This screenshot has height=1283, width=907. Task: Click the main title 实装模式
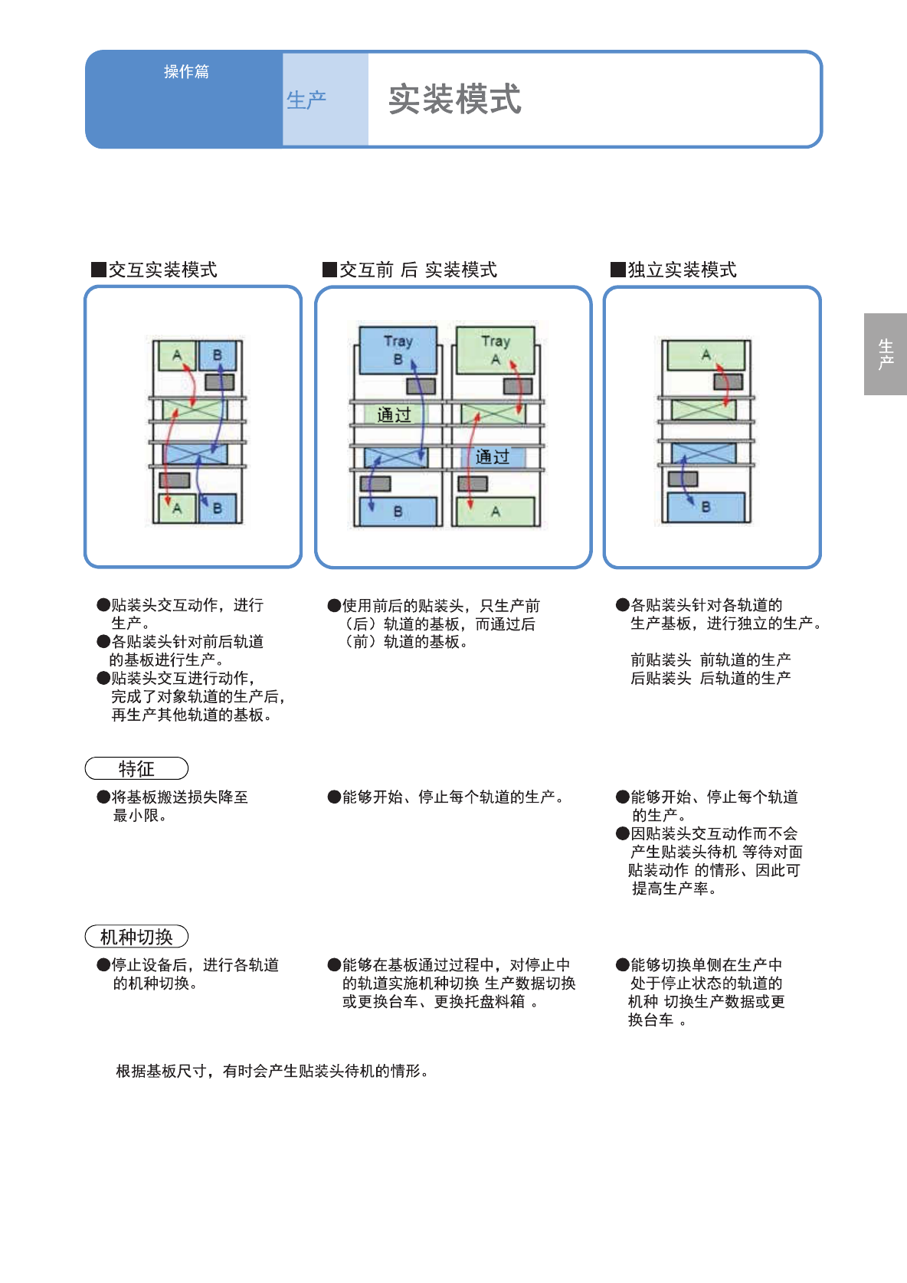(x=454, y=100)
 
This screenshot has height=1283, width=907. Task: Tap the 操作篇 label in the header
(x=186, y=72)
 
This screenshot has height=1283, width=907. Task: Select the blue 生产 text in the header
(x=306, y=100)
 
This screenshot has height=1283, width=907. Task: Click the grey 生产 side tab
(x=886, y=354)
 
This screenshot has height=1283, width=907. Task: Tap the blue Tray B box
(x=398, y=349)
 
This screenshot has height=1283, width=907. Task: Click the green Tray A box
(x=495, y=349)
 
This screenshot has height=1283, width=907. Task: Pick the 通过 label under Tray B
(x=395, y=415)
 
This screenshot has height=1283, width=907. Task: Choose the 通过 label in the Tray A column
(x=492, y=457)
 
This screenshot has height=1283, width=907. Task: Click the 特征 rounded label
(x=136, y=768)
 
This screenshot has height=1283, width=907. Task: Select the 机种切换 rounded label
(x=136, y=937)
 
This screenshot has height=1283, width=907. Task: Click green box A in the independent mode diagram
(x=706, y=355)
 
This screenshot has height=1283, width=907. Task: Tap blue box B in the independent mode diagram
(x=706, y=507)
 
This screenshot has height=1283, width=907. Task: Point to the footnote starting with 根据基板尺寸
(x=272, y=1071)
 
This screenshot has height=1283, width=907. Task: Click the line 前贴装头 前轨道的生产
(x=710, y=660)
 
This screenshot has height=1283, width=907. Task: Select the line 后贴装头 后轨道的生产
(x=710, y=678)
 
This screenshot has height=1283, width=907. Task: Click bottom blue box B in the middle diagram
(x=398, y=511)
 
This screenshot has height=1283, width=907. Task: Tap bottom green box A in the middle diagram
(x=496, y=511)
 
